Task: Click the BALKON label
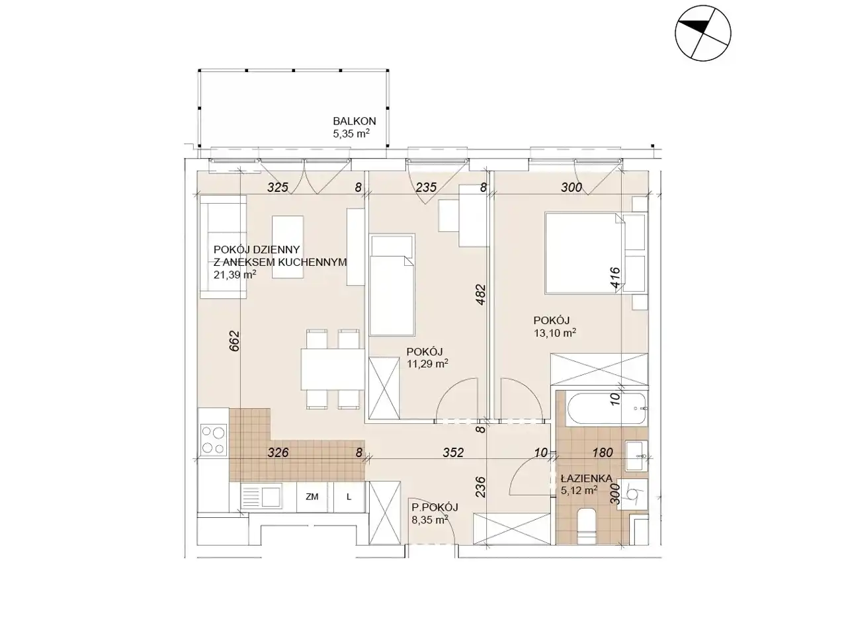point(355,121)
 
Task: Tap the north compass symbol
point(702,33)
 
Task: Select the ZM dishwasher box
point(312,497)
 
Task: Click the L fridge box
point(349,497)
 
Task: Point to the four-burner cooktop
point(214,440)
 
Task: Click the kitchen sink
point(261,496)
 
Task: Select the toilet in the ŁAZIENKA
point(587,525)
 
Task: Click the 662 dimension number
point(234,341)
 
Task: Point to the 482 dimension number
point(481,294)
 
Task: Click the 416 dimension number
point(615,279)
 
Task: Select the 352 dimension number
point(453,452)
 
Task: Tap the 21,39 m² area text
point(235,274)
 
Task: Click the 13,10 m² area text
point(554,333)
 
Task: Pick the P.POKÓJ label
point(435,507)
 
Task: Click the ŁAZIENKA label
point(586,478)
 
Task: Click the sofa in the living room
point(223,247)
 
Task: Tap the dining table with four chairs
point(333,369)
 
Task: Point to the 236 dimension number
point(481,487)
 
